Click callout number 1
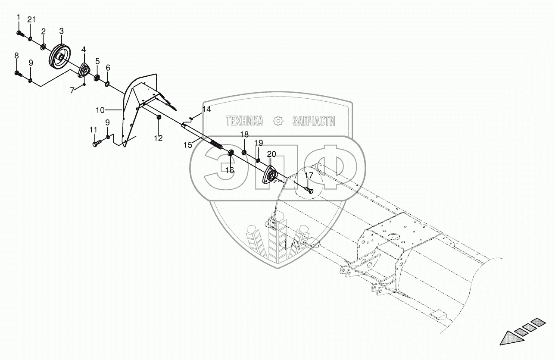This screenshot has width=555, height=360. click(19, 17)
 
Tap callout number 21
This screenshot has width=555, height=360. click(31, 19)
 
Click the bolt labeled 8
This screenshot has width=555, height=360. click(18, 73)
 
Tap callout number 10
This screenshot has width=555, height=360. click(100, 110)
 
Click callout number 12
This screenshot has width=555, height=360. click(159, 138)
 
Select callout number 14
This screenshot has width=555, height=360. click(206, 110)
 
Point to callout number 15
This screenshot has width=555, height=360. click(188, 145)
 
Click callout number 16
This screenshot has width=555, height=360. click(229, 170)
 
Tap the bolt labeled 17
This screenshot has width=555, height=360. click(308, 189)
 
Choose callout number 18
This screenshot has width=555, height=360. click(244, 134)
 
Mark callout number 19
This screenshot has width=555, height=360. click(258, 143)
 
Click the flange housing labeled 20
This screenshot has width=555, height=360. click(271, 176)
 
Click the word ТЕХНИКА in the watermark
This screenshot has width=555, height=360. click(244, 122)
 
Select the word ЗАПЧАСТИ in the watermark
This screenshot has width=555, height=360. click(313, 122)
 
